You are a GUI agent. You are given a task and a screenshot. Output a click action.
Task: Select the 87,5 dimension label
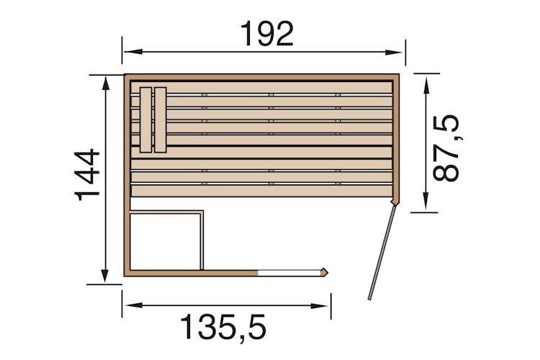point(446,150)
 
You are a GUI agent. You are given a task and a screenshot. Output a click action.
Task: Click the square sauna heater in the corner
point(165,240)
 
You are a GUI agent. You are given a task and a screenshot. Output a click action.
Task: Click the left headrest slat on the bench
point(147,120)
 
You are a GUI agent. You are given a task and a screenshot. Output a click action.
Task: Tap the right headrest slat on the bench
point(161,120)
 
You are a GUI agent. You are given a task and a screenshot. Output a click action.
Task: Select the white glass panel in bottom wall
point(289,272)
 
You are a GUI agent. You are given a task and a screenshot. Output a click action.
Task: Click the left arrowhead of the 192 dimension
point(128,52)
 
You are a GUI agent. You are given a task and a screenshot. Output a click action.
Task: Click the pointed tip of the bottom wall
point(327,272)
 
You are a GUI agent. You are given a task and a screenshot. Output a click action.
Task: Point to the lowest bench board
point(261,191)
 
